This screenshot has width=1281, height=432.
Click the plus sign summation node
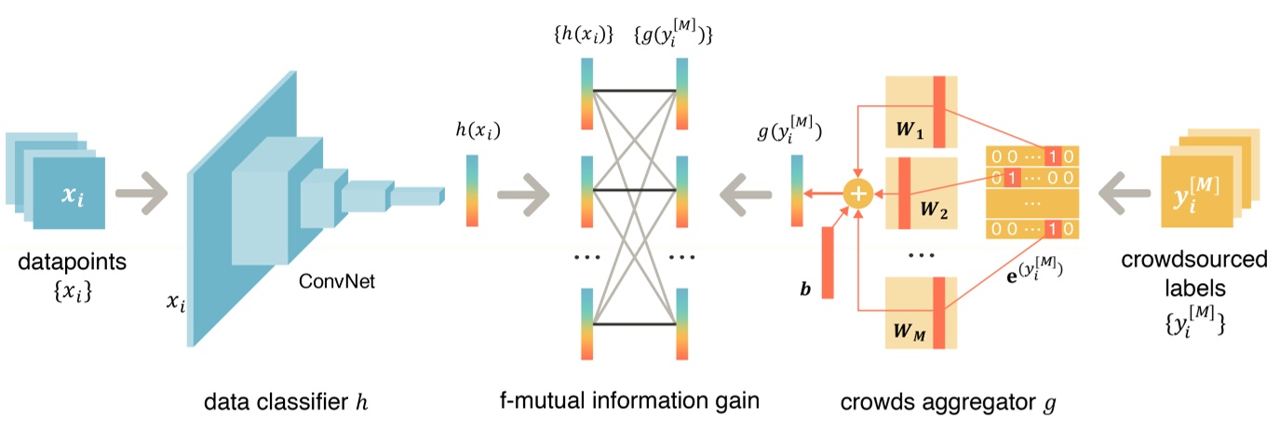tap(856, 195)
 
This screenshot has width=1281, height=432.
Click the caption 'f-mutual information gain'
tap(630, 402)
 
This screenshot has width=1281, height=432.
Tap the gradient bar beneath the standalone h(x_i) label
tap(471, 191)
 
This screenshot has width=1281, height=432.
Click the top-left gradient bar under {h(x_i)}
tap(587, 93)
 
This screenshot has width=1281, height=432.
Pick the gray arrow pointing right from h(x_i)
tap(524, 194)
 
